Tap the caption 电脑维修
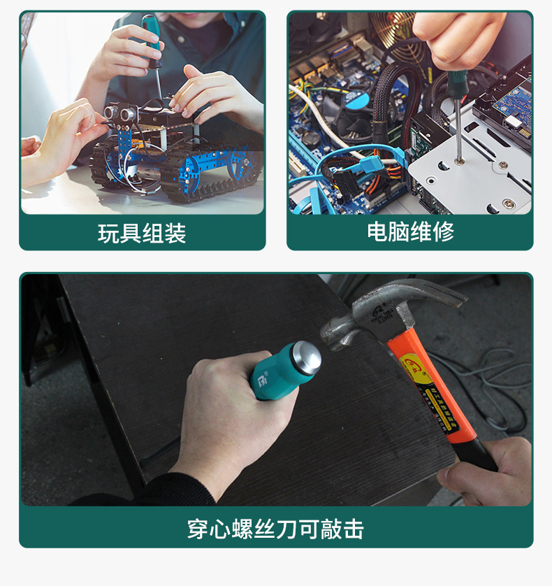410,231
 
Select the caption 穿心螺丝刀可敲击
275,529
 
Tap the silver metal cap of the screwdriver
305,358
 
